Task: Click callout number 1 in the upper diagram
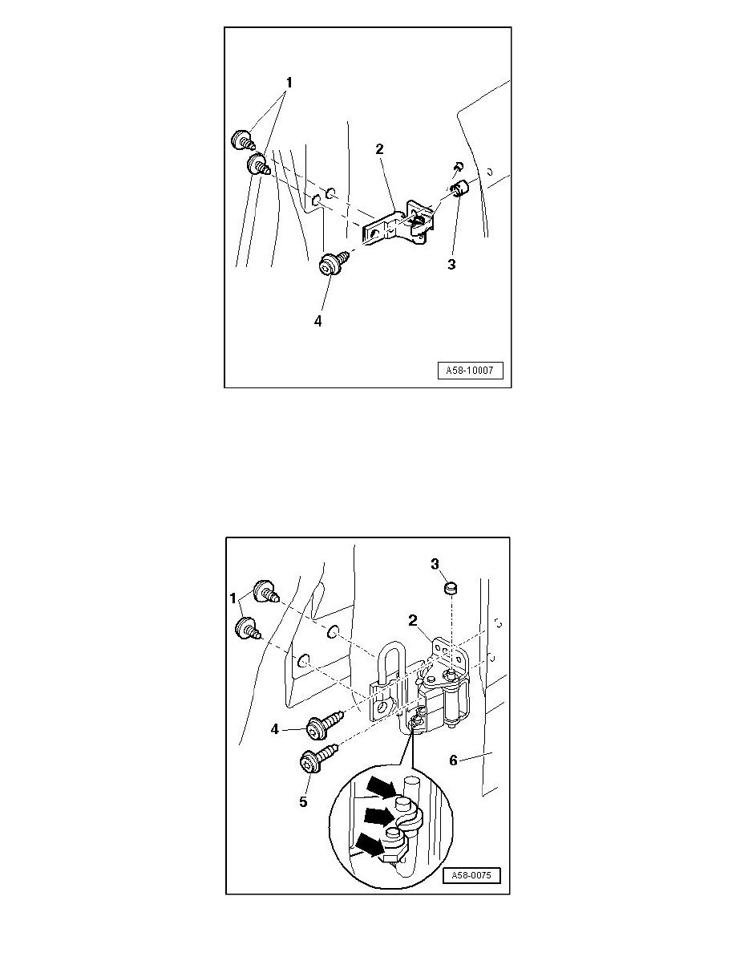coord(289,82)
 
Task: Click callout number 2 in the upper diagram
coord(380,149)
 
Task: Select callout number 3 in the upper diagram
coord(451,265)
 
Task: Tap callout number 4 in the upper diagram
coord(317,321)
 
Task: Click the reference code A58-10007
coord(470,370)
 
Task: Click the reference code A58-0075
coord(471,876)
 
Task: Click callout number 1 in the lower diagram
coord(233,598)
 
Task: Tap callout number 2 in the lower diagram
coord(413,621)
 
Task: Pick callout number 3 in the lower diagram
coord(435,565)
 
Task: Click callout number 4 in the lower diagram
coord(274,728)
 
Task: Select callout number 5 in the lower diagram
coord(304,801)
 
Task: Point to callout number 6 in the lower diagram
coord(453,760)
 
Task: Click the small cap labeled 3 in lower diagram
coord(451,588)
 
